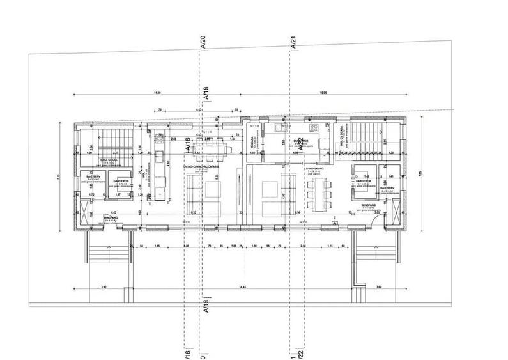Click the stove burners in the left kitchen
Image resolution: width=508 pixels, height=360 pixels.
(x=158, y=136)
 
